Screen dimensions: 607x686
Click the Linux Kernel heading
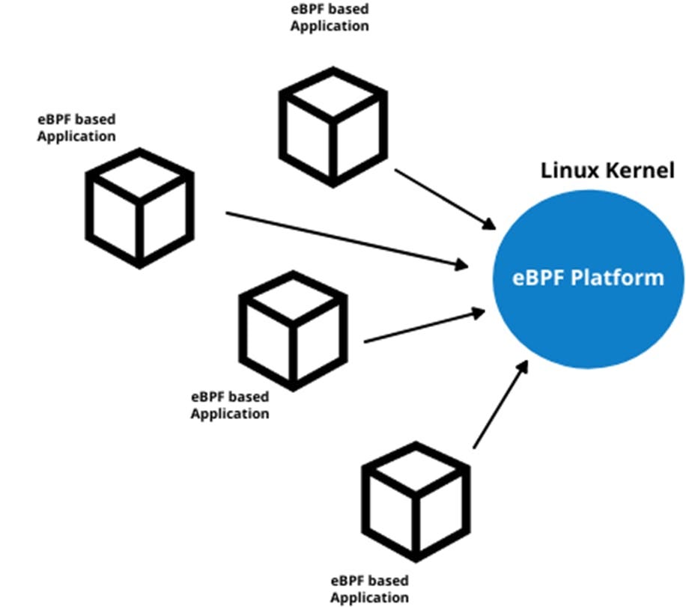point(607,170)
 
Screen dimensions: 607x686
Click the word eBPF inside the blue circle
point(538,278)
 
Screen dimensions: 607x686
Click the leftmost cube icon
point(139,207)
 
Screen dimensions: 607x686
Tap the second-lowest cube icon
point(293,329)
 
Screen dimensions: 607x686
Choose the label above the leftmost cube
point(76,128)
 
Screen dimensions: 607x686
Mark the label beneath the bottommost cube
point(370,589)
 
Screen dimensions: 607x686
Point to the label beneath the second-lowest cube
point(230,405)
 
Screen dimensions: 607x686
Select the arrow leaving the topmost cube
point(445,198)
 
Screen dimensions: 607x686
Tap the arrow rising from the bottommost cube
point(501,405)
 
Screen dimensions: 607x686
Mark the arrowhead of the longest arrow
point(463,263)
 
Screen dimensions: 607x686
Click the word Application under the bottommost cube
point(370,597)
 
